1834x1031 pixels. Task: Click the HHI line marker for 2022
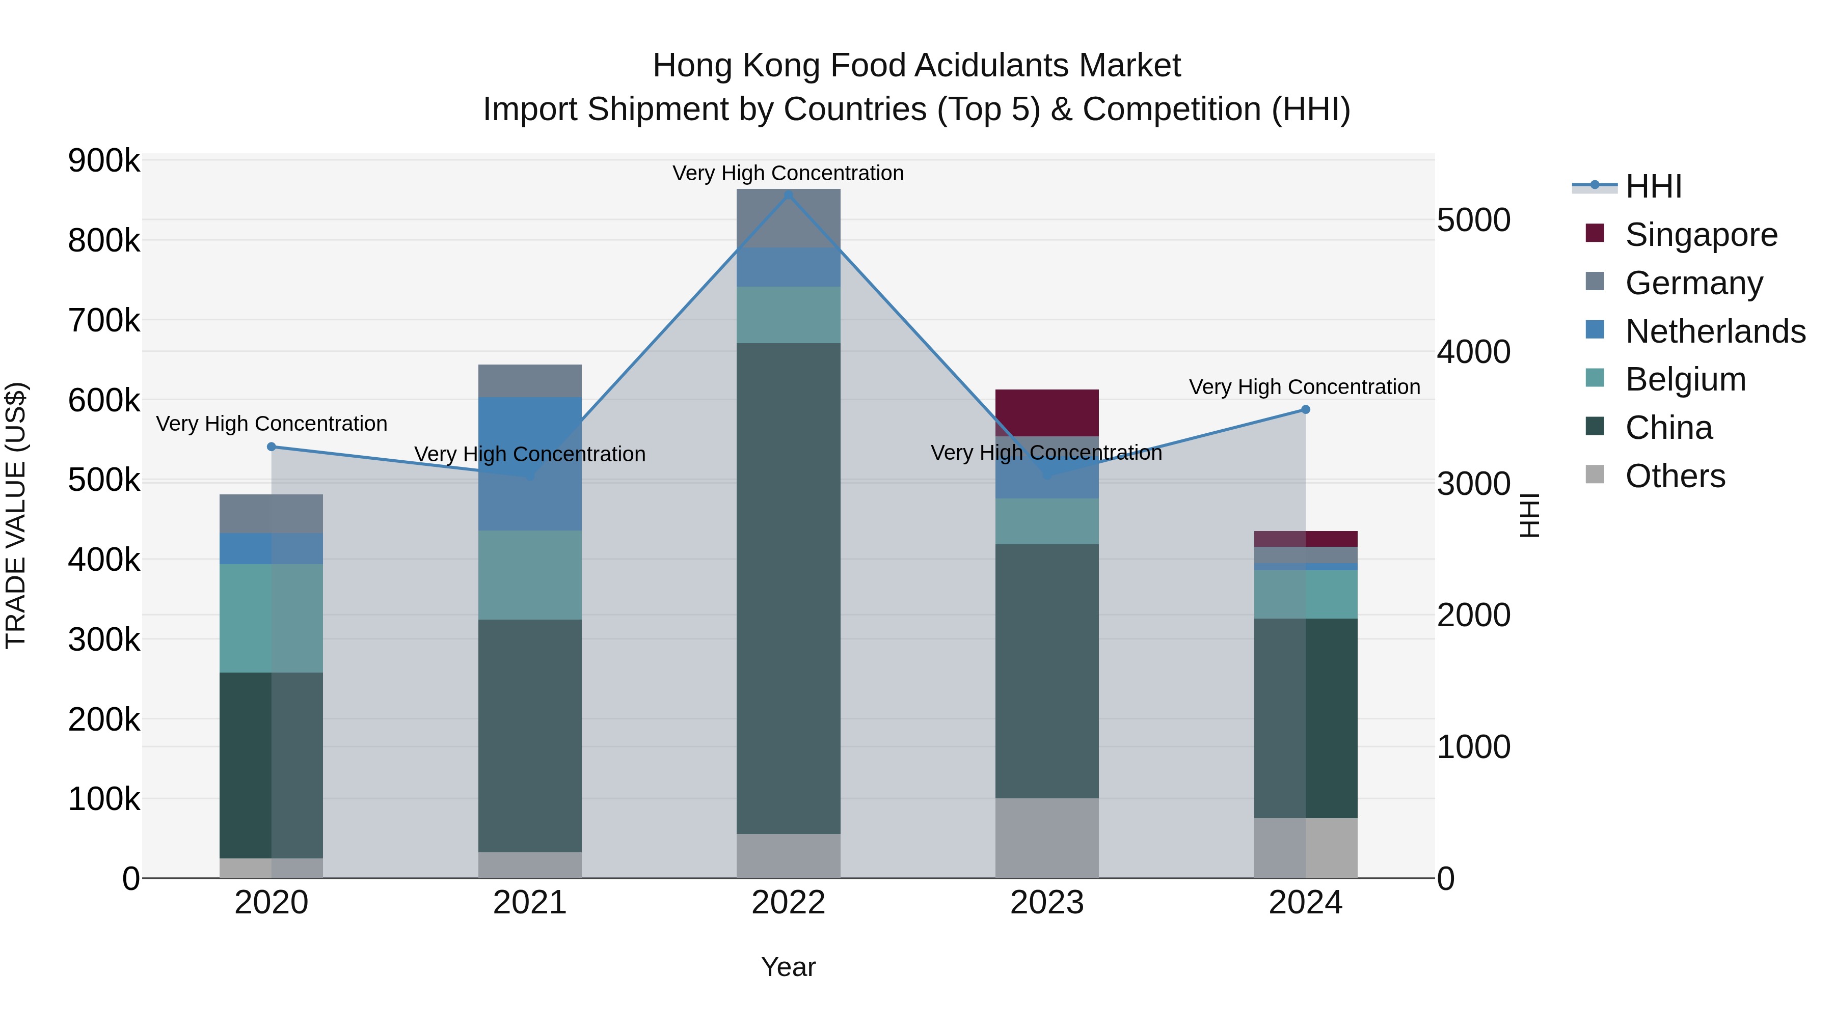click(788, 194)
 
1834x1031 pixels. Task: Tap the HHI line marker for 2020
click(271, 447)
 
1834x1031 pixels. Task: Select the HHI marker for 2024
click(1306, 409)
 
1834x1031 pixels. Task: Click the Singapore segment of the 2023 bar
click(1046, 413)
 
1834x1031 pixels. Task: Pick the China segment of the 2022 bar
click(788, 588)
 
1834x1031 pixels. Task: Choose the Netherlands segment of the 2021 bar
click(530, 463)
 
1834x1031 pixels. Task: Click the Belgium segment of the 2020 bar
click(271, 618)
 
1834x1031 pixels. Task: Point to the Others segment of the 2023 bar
click(1046, 838)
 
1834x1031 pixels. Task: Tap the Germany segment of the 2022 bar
click(788, 218)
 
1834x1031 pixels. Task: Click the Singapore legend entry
click(1701, 234)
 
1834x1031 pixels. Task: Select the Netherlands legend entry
click(1715, 331)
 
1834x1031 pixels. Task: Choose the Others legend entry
click(1675, 476)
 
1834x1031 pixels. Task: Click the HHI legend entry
click(1653, 186)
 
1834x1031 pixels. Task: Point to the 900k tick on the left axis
click(104, 161)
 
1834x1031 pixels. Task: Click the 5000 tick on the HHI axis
click(1473, 220)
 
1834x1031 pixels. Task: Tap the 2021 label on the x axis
click(530, 903)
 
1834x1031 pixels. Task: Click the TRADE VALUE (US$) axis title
click(16, 515)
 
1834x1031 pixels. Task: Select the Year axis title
click(788, 967)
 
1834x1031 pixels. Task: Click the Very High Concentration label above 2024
click(1304, 387)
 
